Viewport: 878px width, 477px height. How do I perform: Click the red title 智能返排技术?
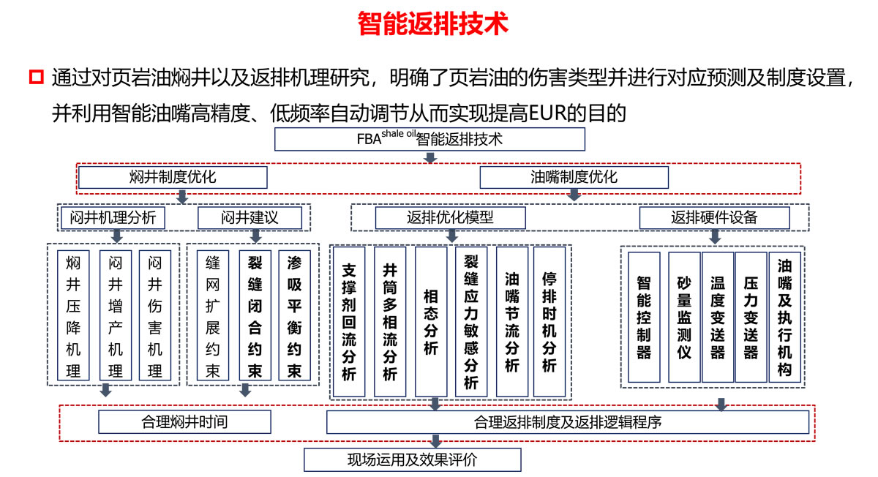(x=433, y=23)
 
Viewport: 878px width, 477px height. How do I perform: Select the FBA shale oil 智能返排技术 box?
(x=429, y=139)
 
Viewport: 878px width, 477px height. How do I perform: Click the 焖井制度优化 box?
(x=173, y=177)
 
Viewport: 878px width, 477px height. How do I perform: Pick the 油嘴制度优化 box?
(x=574, y=177)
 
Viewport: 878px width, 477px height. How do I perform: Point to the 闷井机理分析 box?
(x=113, y=217)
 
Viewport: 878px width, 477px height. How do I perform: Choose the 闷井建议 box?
(x=249, y=217)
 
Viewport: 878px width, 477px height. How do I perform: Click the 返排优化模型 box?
(x=450, y=217)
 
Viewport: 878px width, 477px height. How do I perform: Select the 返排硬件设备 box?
(x=714, y=217)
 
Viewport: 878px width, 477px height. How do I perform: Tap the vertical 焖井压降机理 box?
(x=73, y=315)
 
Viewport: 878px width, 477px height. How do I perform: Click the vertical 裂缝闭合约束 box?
(x=255, y=315)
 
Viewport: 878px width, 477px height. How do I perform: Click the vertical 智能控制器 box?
(x=644, y=317)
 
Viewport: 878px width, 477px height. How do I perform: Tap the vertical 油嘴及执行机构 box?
(x=784, y=317)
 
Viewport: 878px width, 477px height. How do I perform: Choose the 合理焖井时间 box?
(x=184, y=421)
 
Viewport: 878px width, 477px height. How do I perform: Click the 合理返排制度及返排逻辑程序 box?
(x=567, y=421)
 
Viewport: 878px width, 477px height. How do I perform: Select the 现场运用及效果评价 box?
(x=412, y=460)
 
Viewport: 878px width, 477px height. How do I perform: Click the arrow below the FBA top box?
(x=430, y=158)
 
